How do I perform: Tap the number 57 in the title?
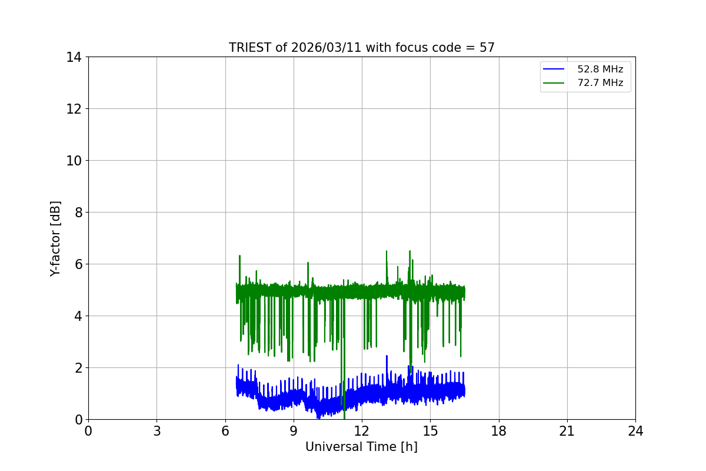(487, 48)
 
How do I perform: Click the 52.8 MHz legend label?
(600, 69)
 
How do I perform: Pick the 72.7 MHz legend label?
(600, 83)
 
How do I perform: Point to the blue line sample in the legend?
(554, 69)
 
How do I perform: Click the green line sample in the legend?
(554, 83)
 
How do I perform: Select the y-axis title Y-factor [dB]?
(55, 238)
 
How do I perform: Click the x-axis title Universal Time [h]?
(361, 447)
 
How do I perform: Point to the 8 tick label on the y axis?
(78, 213)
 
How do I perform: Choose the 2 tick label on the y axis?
(78, 368)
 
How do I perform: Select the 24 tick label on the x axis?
(635, 431)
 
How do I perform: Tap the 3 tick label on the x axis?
(156, 431)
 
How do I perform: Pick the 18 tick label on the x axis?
(498, 431)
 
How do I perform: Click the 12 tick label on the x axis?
(362, 431)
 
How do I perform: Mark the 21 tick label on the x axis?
(567, 431)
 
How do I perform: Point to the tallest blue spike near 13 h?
(387, 357)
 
